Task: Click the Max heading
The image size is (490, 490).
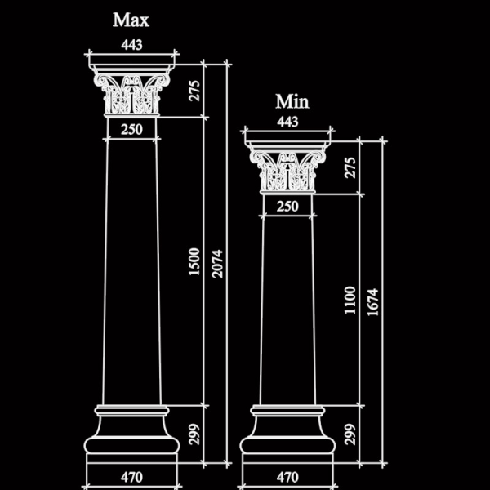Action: point(131,20)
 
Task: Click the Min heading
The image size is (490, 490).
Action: point(292,101)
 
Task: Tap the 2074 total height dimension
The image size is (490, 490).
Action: point(217,264)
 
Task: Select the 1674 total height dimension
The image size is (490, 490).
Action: point(373,302)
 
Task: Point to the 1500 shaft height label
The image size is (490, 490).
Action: point(194,262)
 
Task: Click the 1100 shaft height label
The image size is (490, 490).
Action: point(350,300)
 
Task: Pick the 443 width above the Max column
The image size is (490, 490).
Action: point(131,45)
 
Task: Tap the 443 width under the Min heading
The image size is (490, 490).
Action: point(287,122)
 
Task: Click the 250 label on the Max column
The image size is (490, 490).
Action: point(131,129)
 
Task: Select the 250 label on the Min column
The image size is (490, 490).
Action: point(287,207)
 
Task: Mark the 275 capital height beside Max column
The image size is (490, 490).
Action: point(194,91)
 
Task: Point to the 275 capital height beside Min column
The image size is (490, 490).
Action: point(350,167)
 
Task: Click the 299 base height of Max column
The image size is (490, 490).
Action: point(194,434)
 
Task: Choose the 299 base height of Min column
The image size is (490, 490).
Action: point(350,434)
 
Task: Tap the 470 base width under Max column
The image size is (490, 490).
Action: point(131,477)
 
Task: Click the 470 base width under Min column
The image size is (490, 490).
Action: point(287,477)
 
